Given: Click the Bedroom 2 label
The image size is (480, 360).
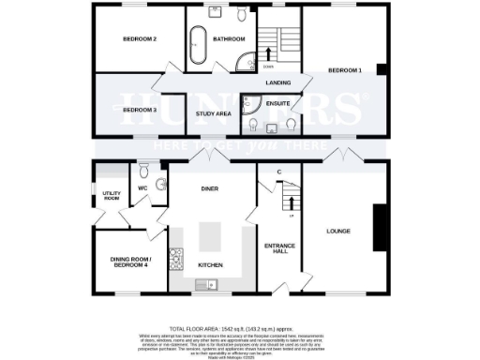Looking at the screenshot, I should (141, 39).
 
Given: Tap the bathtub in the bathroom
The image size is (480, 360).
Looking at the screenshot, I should (198, 46).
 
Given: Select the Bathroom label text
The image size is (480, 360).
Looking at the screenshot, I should (229, 39).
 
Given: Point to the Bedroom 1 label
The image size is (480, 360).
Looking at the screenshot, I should (344, 70).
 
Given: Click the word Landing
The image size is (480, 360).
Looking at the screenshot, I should (278, 83).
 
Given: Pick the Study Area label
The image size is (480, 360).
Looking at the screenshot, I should (213, 113).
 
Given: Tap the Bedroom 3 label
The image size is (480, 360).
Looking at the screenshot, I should (140, 111).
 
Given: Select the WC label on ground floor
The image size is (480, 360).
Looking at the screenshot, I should (144, 187).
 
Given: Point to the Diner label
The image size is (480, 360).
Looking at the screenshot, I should (210, 187).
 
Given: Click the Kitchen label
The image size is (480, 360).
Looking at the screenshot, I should (210, 265).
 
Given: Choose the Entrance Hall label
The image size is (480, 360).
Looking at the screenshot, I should (280, 248).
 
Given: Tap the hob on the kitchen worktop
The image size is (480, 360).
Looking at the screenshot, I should (175, 255).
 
